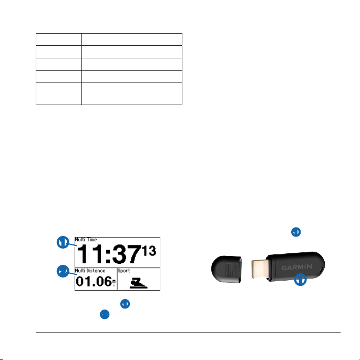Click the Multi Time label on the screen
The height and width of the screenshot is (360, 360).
tap(86, 240)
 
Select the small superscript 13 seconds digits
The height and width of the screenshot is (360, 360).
tap(149, 251)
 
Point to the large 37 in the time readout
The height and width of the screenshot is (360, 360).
tap(127, 254)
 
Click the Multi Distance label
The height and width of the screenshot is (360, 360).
tap(90, 271)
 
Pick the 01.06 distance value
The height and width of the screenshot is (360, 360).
tap(94, 282)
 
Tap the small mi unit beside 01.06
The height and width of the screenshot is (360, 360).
tap(114, 283)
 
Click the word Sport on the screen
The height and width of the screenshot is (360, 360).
tap(124, 271)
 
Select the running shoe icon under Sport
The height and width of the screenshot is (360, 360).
tap(138, 283)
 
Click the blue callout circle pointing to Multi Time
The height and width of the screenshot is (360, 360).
tap(63, 242)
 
